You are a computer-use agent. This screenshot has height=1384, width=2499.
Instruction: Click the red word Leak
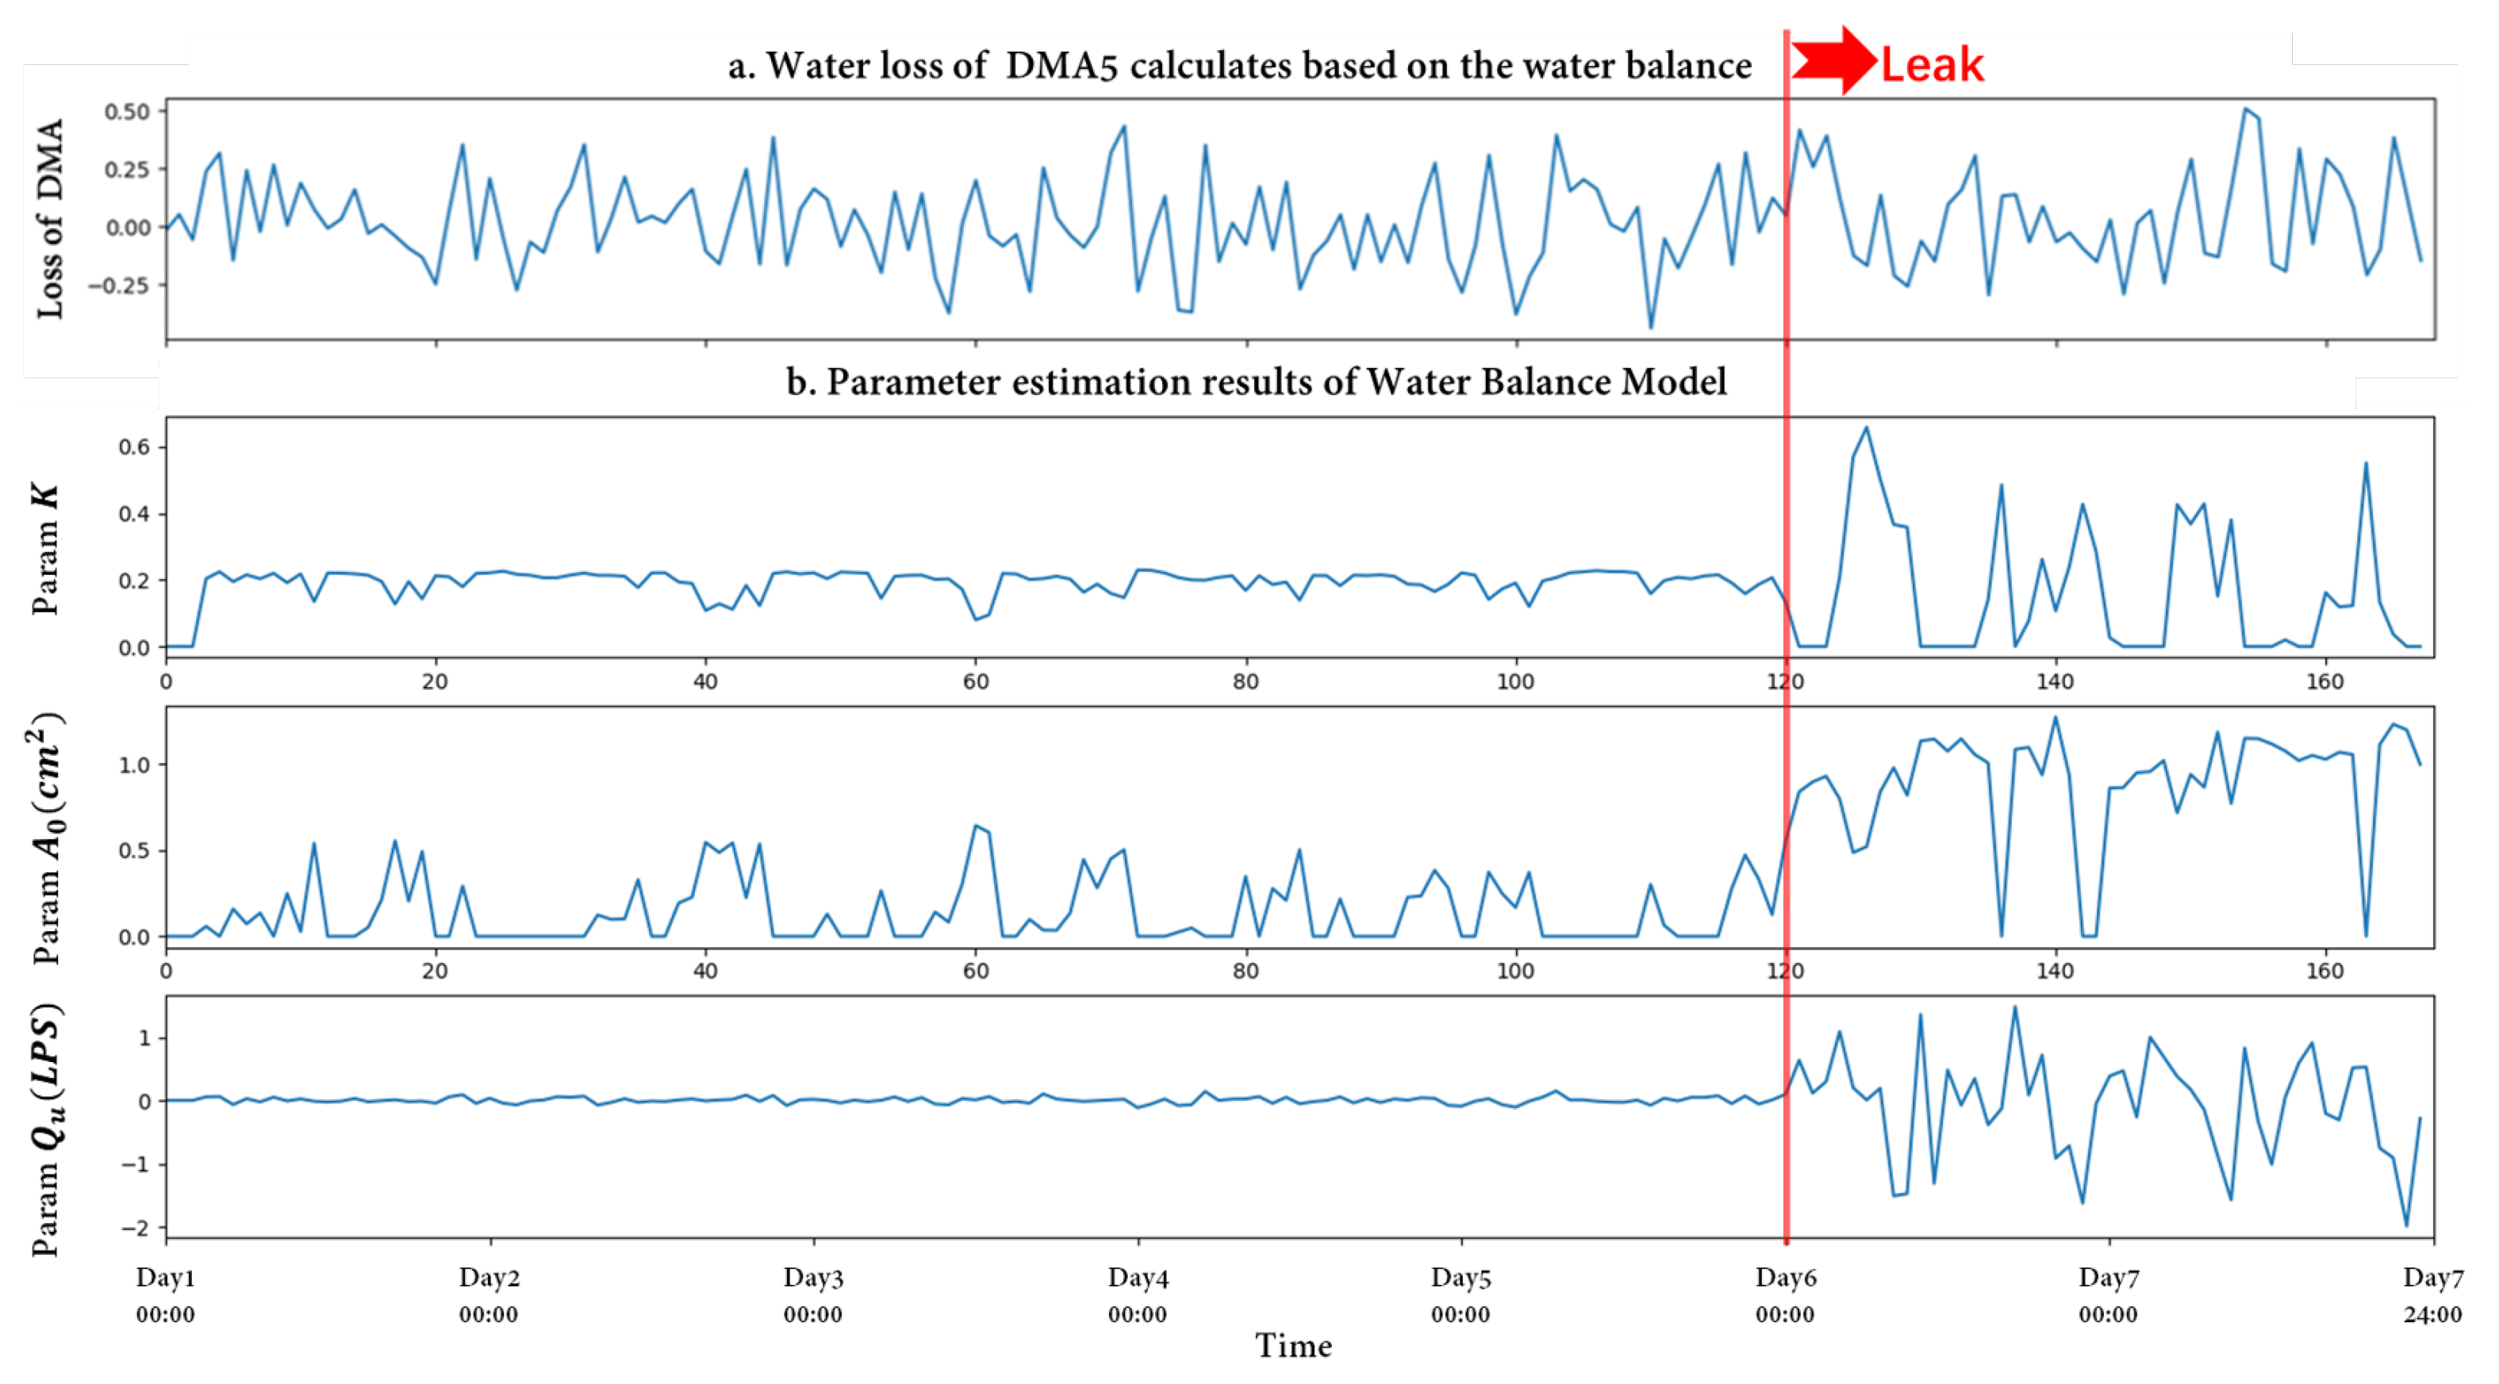(1932, 65)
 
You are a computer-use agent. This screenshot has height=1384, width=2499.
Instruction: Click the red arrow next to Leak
(1832, 60)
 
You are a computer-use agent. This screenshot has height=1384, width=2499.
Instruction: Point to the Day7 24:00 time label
(2432, 1296)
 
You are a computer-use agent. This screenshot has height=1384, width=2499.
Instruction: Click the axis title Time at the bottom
(1293, 1345)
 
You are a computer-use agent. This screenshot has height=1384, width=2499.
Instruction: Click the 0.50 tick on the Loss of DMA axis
(127, 112)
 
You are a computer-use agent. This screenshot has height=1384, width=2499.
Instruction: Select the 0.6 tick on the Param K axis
(134, 447)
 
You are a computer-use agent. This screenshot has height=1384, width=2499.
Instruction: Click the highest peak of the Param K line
(1865, 427)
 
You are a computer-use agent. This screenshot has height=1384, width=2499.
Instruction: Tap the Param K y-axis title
(45, 549)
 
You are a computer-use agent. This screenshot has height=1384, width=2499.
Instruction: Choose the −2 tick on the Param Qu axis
(136, 1228)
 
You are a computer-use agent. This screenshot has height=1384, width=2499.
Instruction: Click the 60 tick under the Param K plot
(976, 682)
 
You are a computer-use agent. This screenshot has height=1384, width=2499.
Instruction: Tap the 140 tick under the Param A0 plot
(2055, 971)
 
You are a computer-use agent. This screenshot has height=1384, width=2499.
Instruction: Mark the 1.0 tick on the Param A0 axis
(134, 765)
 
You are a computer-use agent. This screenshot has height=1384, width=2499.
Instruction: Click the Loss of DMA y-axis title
(49, 218)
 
